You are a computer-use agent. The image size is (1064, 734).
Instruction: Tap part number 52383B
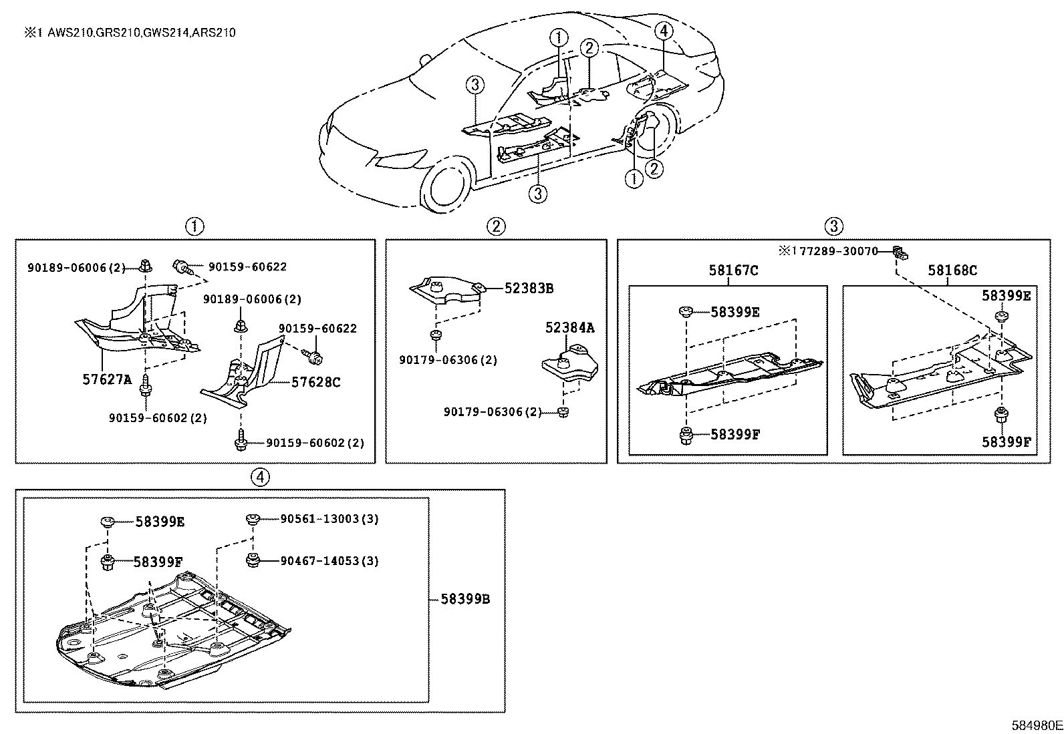click(529, 289)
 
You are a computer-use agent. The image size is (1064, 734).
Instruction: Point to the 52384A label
click(569, 327)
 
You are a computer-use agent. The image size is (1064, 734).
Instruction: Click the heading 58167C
click(733, 270)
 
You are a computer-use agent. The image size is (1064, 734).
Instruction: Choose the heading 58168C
click(952, 270)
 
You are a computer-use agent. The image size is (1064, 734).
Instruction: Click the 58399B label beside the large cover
click(465, 599)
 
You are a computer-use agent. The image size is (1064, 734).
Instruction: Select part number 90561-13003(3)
click(320, 519)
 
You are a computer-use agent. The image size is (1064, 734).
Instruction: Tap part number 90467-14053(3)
click(320, 560)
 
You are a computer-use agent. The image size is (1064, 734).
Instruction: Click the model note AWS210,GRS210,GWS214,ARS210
click(141, 32)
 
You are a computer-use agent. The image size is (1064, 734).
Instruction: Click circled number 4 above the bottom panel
click(261, 476)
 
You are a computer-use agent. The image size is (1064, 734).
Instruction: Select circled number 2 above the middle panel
click(495, 226)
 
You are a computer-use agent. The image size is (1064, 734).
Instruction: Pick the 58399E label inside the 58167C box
click(735, 312)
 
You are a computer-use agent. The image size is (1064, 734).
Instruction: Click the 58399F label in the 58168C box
click(1006, 441)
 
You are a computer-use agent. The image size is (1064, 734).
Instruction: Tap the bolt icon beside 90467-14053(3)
click(252, 560)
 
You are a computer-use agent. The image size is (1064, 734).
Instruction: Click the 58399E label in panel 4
click(159, 522)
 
